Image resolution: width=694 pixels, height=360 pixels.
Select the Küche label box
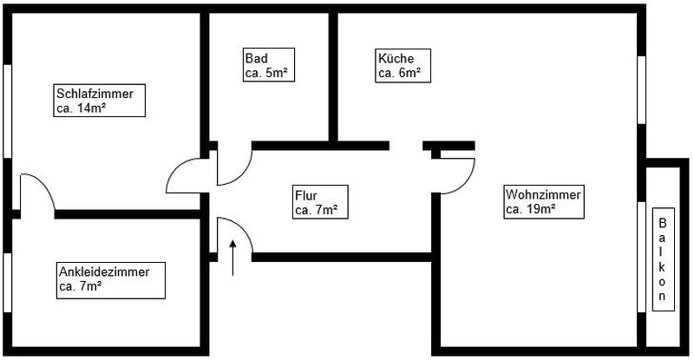pyautogui.click(x=403, y=66)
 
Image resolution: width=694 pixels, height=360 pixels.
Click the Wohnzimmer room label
pyautogui.click(x=543, y=201)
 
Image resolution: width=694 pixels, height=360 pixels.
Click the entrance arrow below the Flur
pyautogui.click(x=232, y=259)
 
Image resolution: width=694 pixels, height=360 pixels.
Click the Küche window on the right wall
pyautogui.click(x=643, y=90)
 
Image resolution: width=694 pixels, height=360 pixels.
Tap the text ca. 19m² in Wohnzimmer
pyautogui.click(x=530, y=209)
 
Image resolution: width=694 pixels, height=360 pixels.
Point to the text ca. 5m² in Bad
pyautogui.click(x=265, y=74)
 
